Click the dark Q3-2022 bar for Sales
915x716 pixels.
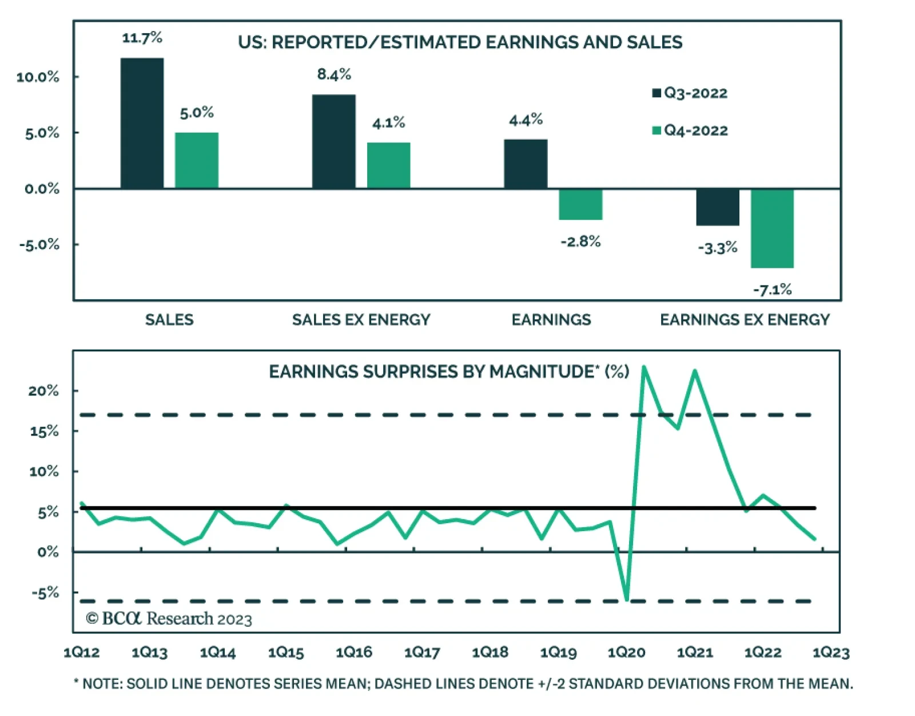(142, 123)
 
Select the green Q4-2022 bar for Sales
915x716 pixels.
(196, 160)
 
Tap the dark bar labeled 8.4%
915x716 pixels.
(333, 141)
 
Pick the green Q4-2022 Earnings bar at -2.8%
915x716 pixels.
(580, 204)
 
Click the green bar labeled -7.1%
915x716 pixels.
(772, 228)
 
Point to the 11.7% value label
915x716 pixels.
(142, 38)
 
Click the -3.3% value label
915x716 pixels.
(717, 248)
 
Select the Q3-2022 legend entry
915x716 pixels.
(690, 93)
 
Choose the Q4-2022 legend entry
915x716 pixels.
(690, 130)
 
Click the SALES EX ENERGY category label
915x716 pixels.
(361, 320)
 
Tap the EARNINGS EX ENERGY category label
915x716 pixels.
(745, 320)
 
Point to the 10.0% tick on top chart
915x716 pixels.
(38, 77)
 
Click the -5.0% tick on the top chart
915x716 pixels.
(39, 245)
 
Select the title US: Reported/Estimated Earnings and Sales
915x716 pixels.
(460, 42)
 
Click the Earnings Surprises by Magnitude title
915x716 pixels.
(449, 372)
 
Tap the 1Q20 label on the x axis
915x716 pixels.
(626, 652)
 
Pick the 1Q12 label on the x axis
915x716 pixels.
(81, 652)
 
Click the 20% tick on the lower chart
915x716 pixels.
(43, 391)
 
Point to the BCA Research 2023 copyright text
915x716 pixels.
(169, 619)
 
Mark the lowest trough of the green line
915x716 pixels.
(627, 599)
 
